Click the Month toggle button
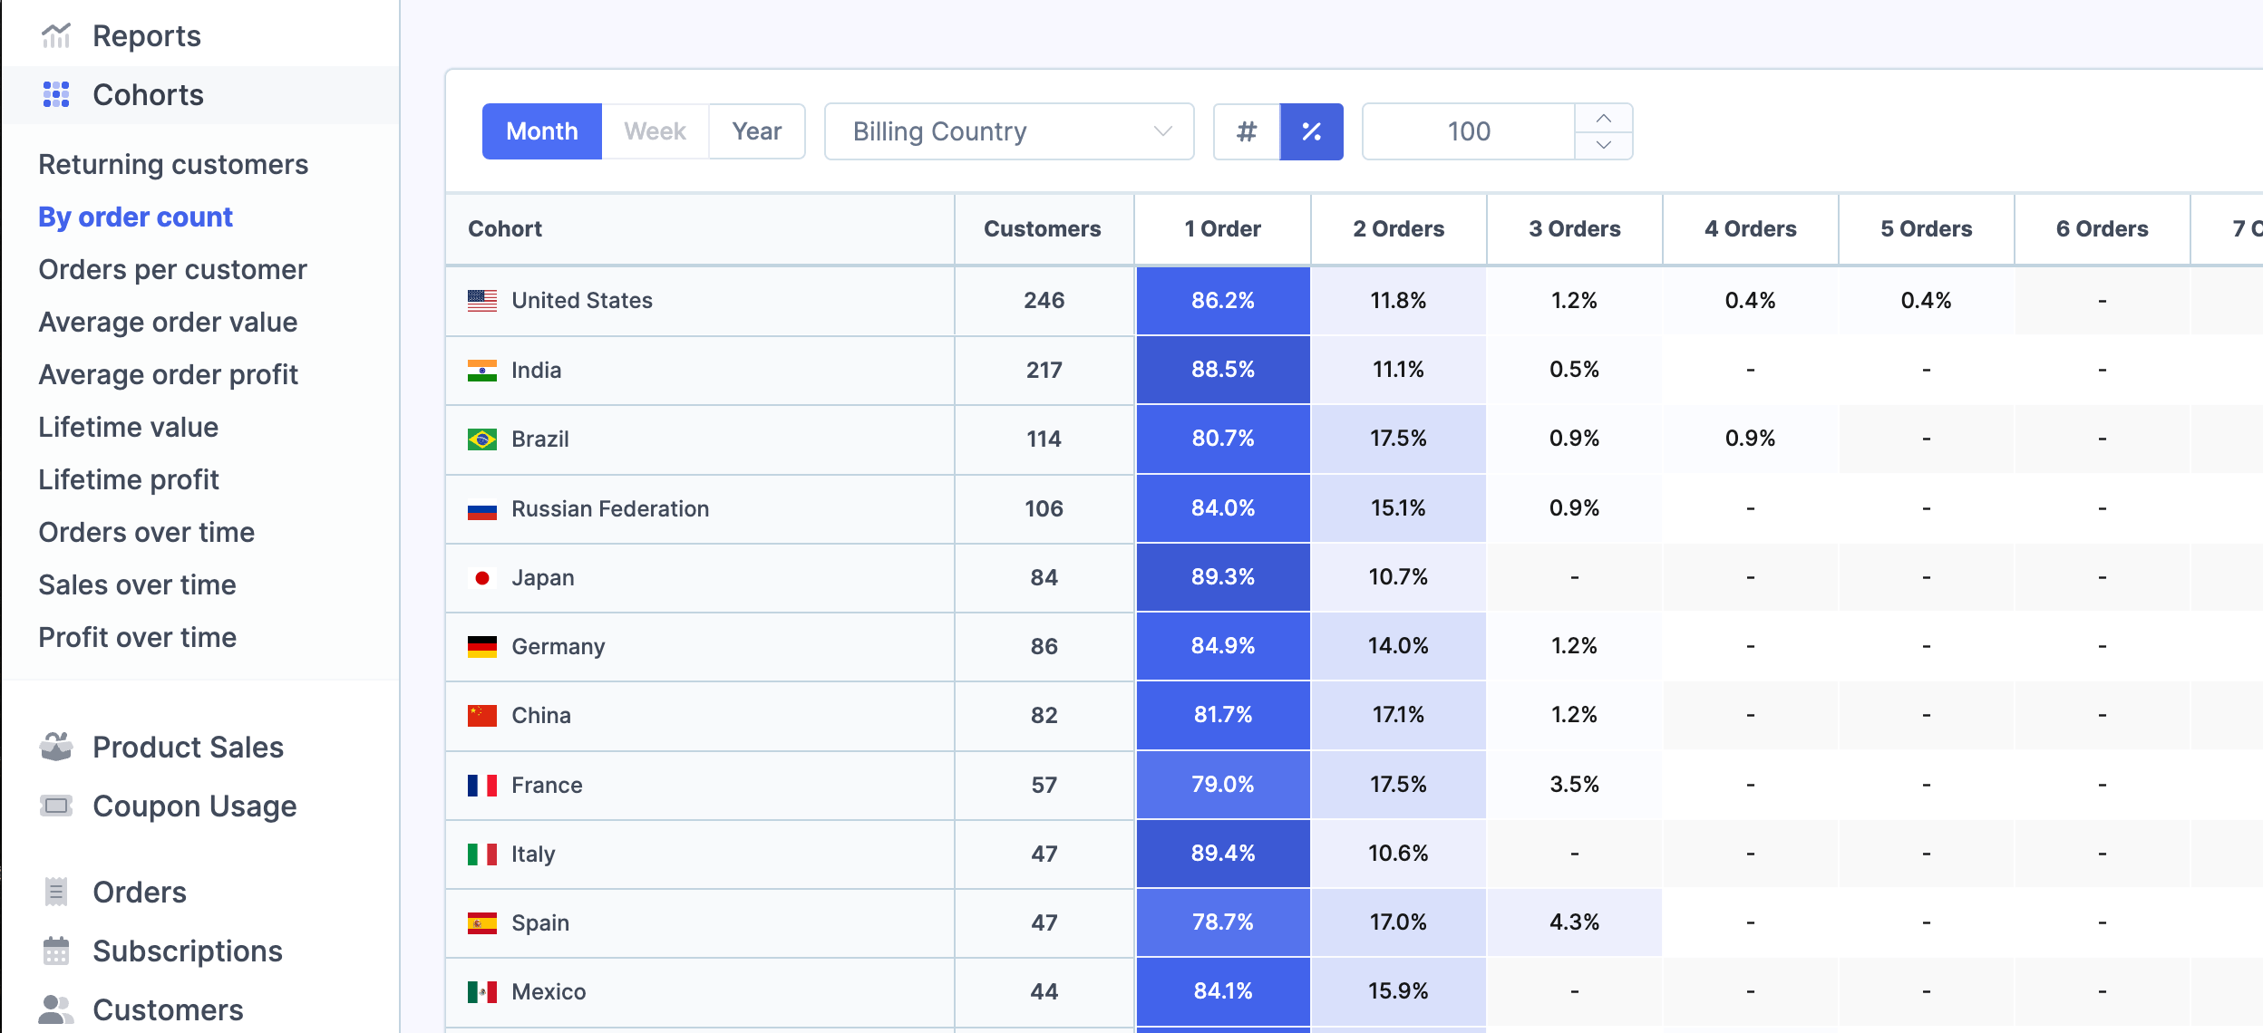pos(541,131)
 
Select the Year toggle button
pos(756,131)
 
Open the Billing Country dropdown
pos(1008,131)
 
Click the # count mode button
pos(1247,131)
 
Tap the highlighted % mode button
pos(1311,131)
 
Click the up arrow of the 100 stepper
pos(1603,119)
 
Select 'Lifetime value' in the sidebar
pos(128,427)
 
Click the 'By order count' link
pos(135,217)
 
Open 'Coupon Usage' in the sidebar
pos(194,806)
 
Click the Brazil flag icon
pos(481,439)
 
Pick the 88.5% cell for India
pos(1222,370)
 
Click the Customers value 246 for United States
pos(1044,300)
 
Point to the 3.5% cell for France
pos(1574,784)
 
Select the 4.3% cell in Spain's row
pos(1574,922)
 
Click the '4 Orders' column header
pos(1750,228)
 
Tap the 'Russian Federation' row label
pos(609,508)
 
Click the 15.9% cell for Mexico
pos(1397,990)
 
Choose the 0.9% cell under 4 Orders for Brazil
pos(1750,439)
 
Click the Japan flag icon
pos(481,578)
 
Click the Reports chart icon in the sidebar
pos(56,36)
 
